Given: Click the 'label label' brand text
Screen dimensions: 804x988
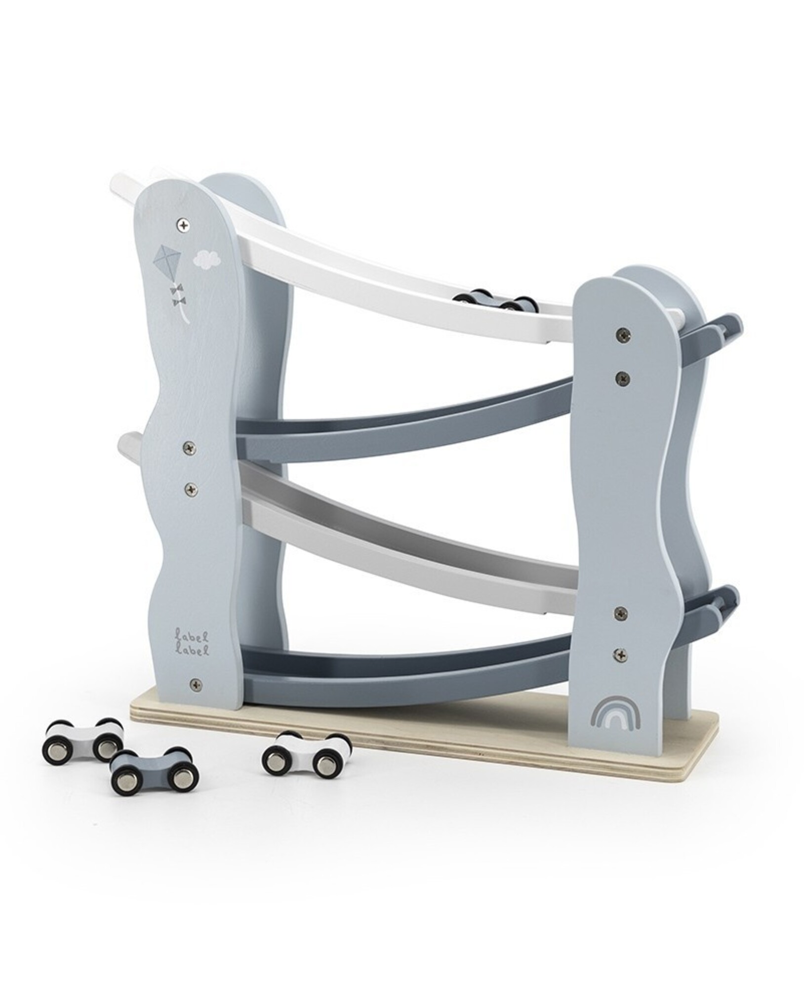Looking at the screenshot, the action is pyautogui.click(x=191, y=638).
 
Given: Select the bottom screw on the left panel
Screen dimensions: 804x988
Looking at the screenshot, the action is pyautogui.click(x=196, y=684).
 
